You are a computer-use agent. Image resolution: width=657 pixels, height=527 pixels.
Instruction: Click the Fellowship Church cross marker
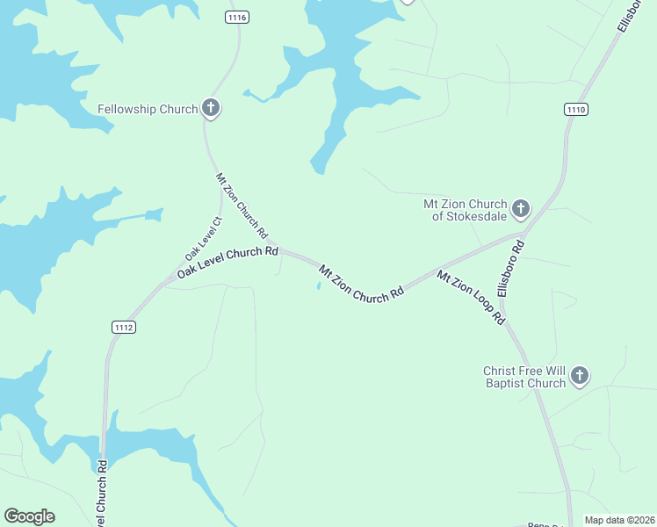(x=211, y=108)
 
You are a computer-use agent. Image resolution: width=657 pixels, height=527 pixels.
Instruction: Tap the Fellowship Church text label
(x=148, y=109)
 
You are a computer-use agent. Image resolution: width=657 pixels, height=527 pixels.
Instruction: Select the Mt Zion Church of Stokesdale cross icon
(x=521, y=208)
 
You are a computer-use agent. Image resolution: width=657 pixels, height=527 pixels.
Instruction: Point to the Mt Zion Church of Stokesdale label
(x=466, y=210)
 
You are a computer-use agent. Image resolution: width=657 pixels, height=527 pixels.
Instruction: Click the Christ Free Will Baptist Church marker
(x=579, y=376)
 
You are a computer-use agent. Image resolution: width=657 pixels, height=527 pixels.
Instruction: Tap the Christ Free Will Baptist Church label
(x=524, y=377)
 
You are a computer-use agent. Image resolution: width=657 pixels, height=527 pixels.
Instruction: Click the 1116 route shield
(x=237, y=18)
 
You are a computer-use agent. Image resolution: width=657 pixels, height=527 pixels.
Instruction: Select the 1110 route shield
(x=576, y=109)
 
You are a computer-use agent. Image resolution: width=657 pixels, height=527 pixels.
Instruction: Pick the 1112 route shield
(x=124, y=327)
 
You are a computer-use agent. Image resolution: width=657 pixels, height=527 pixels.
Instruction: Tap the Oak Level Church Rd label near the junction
(x=227, y=262)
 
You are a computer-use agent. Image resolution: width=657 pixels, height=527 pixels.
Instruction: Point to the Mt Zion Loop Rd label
(x=472, y=298)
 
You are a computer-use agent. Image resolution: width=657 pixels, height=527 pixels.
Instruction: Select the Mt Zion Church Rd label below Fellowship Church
(x=242, y=206)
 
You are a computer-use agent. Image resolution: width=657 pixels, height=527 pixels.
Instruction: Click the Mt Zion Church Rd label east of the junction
(x=361, y=284)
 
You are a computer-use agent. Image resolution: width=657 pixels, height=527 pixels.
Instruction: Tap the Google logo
(x=29, y=516)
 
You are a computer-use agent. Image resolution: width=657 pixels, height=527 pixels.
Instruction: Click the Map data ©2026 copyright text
(x=619, y=520)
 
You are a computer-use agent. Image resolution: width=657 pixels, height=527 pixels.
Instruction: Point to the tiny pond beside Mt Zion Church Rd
(x=318, y=285)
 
